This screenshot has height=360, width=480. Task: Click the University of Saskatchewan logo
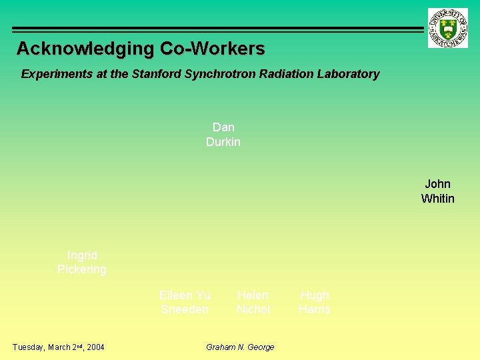(447, 28)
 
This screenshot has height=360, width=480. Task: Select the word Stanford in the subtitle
(155, 74)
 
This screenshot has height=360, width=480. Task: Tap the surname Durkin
(223, 142)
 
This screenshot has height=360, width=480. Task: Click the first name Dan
(223, 127)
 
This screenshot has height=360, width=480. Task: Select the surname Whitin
(437, 199)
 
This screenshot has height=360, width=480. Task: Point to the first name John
(437, 184)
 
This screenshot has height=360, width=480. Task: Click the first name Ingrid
(82, 255)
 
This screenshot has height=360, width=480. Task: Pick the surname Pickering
(82, 269)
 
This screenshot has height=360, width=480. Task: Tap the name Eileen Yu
(185, 295)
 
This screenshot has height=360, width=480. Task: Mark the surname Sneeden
(185, 309)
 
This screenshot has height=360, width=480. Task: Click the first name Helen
(253, 295)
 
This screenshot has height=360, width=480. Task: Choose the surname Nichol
(253, 309)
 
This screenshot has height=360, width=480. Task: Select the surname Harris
(315, 309)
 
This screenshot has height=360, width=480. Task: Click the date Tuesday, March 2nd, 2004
(59, 347)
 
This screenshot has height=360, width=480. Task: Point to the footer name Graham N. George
(240, 347)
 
